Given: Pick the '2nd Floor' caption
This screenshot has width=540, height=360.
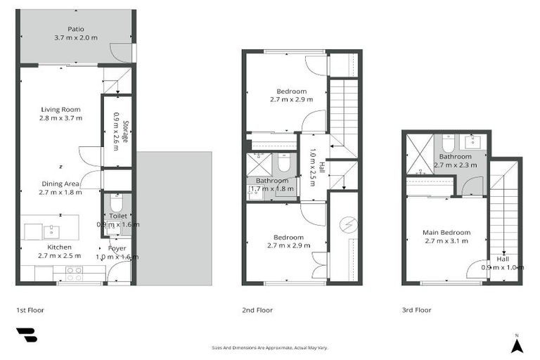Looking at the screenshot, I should click(257, 309).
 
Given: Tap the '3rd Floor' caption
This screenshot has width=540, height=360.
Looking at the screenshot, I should click(418, 309).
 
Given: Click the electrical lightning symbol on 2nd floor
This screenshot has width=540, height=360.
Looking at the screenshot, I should click(345, 226).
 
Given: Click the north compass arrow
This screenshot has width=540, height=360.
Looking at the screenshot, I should click(517, 345).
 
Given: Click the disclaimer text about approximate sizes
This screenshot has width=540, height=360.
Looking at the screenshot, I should click(270, 347).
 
